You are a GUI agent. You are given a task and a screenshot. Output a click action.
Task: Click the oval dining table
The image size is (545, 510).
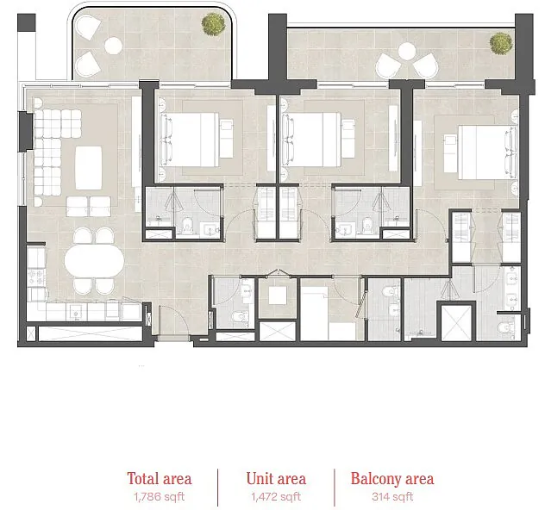[94, 260]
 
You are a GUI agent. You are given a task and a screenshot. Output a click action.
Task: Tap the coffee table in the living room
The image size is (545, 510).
[89, 168]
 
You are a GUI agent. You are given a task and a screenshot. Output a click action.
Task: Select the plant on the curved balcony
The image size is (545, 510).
[213, 24]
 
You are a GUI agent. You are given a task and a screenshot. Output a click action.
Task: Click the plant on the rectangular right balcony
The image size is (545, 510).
[501, 43]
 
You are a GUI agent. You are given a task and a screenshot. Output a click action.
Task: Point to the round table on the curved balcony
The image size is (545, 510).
[113, 46]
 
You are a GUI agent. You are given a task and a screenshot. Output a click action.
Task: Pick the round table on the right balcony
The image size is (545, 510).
[407, 51]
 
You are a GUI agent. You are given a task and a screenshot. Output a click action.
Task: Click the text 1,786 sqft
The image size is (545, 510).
[160, 497]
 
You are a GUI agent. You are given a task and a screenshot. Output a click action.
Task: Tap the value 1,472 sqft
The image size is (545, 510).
[276, 497]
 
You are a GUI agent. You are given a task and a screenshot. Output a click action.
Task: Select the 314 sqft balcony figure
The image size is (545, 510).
[392, 497]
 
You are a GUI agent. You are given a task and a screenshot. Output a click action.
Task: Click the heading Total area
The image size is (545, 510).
[160, 478]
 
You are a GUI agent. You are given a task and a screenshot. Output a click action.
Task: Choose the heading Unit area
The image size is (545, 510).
[276, 478]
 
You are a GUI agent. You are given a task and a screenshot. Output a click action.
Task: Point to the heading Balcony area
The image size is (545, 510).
[392, 478]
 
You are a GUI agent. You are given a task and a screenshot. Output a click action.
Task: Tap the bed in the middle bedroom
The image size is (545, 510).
[311, 140]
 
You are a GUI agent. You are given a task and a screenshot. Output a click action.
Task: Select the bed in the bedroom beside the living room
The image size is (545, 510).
[190, 140]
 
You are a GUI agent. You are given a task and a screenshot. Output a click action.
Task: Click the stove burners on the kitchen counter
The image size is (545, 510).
[36, 277]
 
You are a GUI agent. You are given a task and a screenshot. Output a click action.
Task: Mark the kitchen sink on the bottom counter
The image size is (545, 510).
[77, 312]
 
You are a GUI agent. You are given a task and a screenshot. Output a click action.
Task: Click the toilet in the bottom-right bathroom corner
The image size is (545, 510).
[506, 327]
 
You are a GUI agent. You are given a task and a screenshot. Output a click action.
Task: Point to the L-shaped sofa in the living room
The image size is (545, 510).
[52, 152]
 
